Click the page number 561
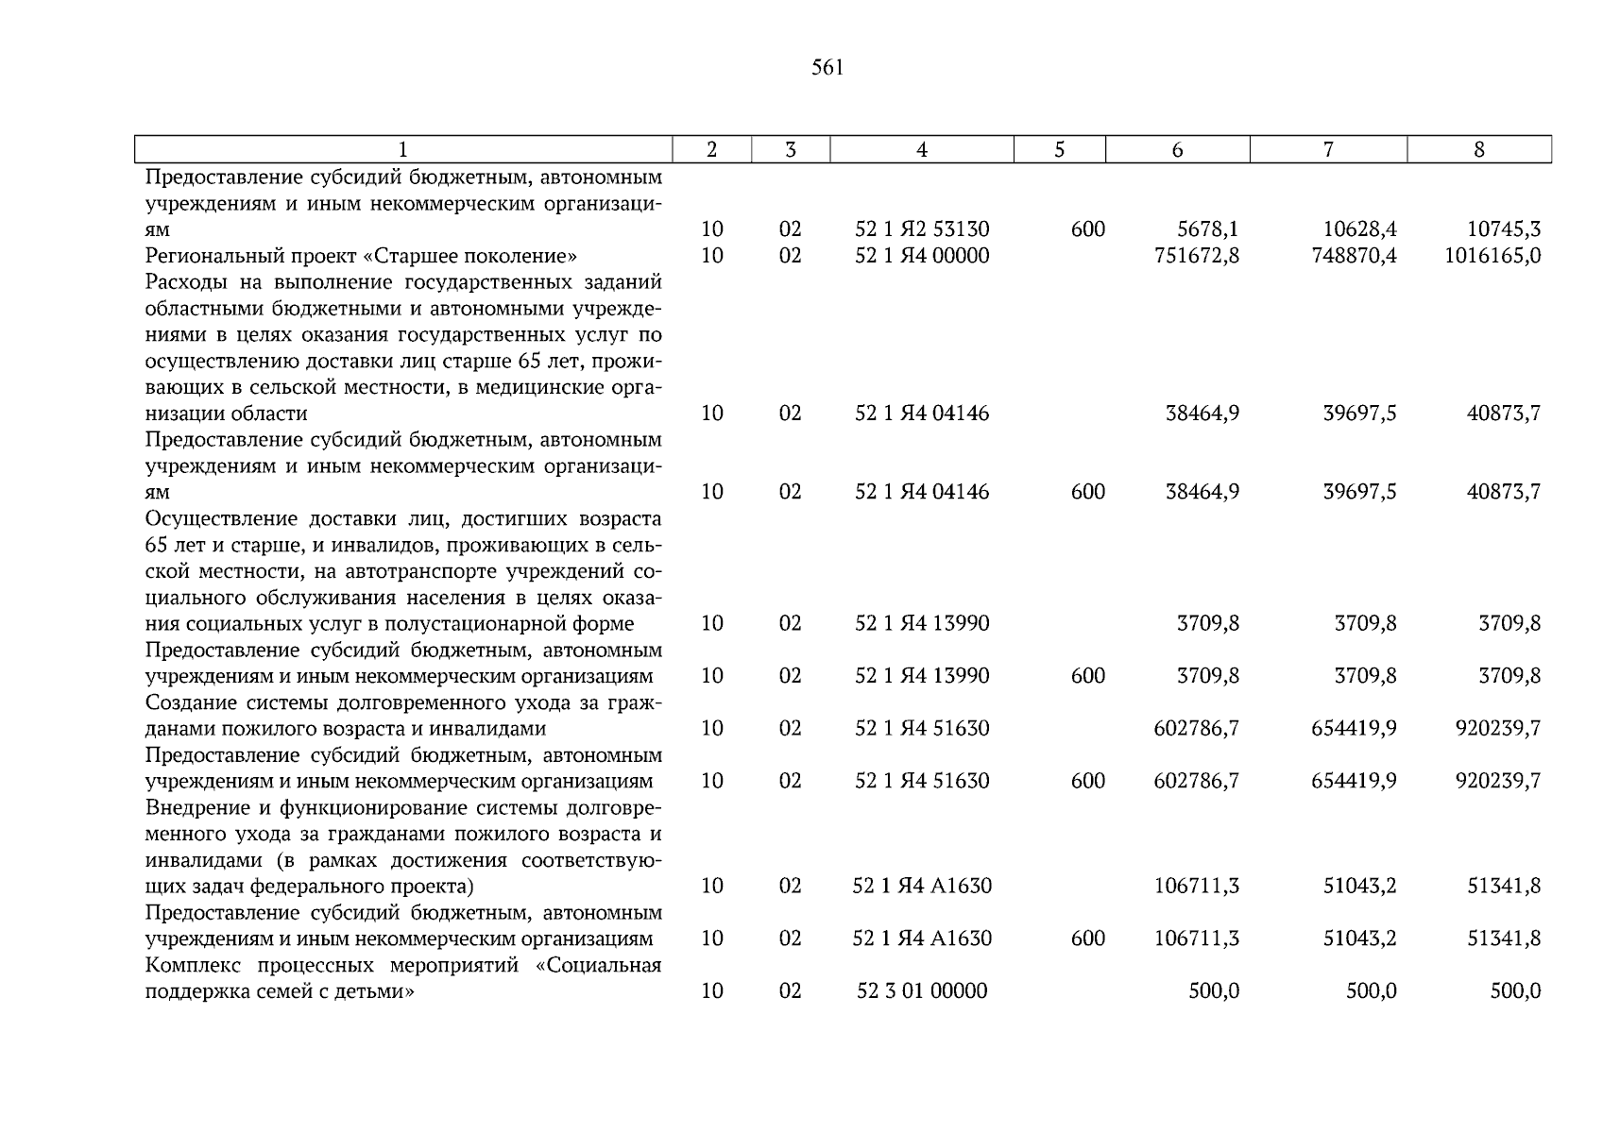[827, 68]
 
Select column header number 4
[921, 150]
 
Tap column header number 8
[1478, 150]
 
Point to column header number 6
[1177, 150]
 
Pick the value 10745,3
[1503, 229]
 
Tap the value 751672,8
[1196, 256]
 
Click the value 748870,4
[1354, 256]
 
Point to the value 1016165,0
[1492, 256]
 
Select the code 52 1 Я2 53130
[922, 229]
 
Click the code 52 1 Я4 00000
[922, 256]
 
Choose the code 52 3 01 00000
[922, 991]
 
